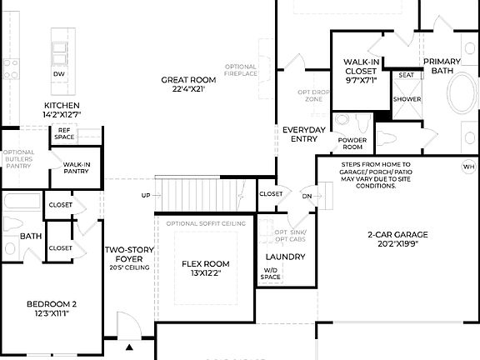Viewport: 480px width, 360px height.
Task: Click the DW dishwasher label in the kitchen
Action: coord(59,74)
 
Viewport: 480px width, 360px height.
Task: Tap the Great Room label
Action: coord(188,84)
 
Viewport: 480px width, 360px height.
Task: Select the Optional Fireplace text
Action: coord(242,69)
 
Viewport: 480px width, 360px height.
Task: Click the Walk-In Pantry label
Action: coord(76,167)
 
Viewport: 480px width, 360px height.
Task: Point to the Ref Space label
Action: coord(64,133)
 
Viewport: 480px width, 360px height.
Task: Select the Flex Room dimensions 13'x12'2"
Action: coord(206,274)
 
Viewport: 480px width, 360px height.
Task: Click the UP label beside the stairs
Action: coord(146,195)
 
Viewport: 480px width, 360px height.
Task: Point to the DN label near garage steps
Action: coord(307,197)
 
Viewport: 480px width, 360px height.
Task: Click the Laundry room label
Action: coord(285,257)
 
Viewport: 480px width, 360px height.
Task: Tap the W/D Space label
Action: coord(272,273)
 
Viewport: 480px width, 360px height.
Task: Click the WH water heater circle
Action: coord(467,167)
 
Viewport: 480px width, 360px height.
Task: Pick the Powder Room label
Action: coord(352,143)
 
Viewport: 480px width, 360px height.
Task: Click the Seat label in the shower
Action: coord(406,75)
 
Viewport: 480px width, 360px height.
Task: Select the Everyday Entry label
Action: coord(303,134)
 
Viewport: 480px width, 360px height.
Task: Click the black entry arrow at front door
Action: coord(129,347)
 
